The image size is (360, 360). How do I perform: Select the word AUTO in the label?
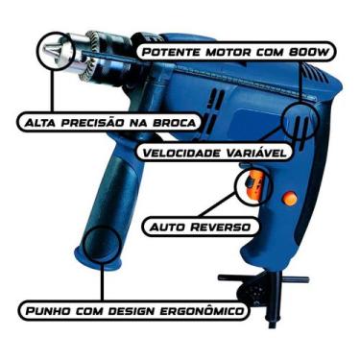point(164,228)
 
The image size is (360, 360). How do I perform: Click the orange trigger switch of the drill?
point(253,184)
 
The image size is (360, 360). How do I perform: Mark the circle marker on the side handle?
point(98,246)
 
